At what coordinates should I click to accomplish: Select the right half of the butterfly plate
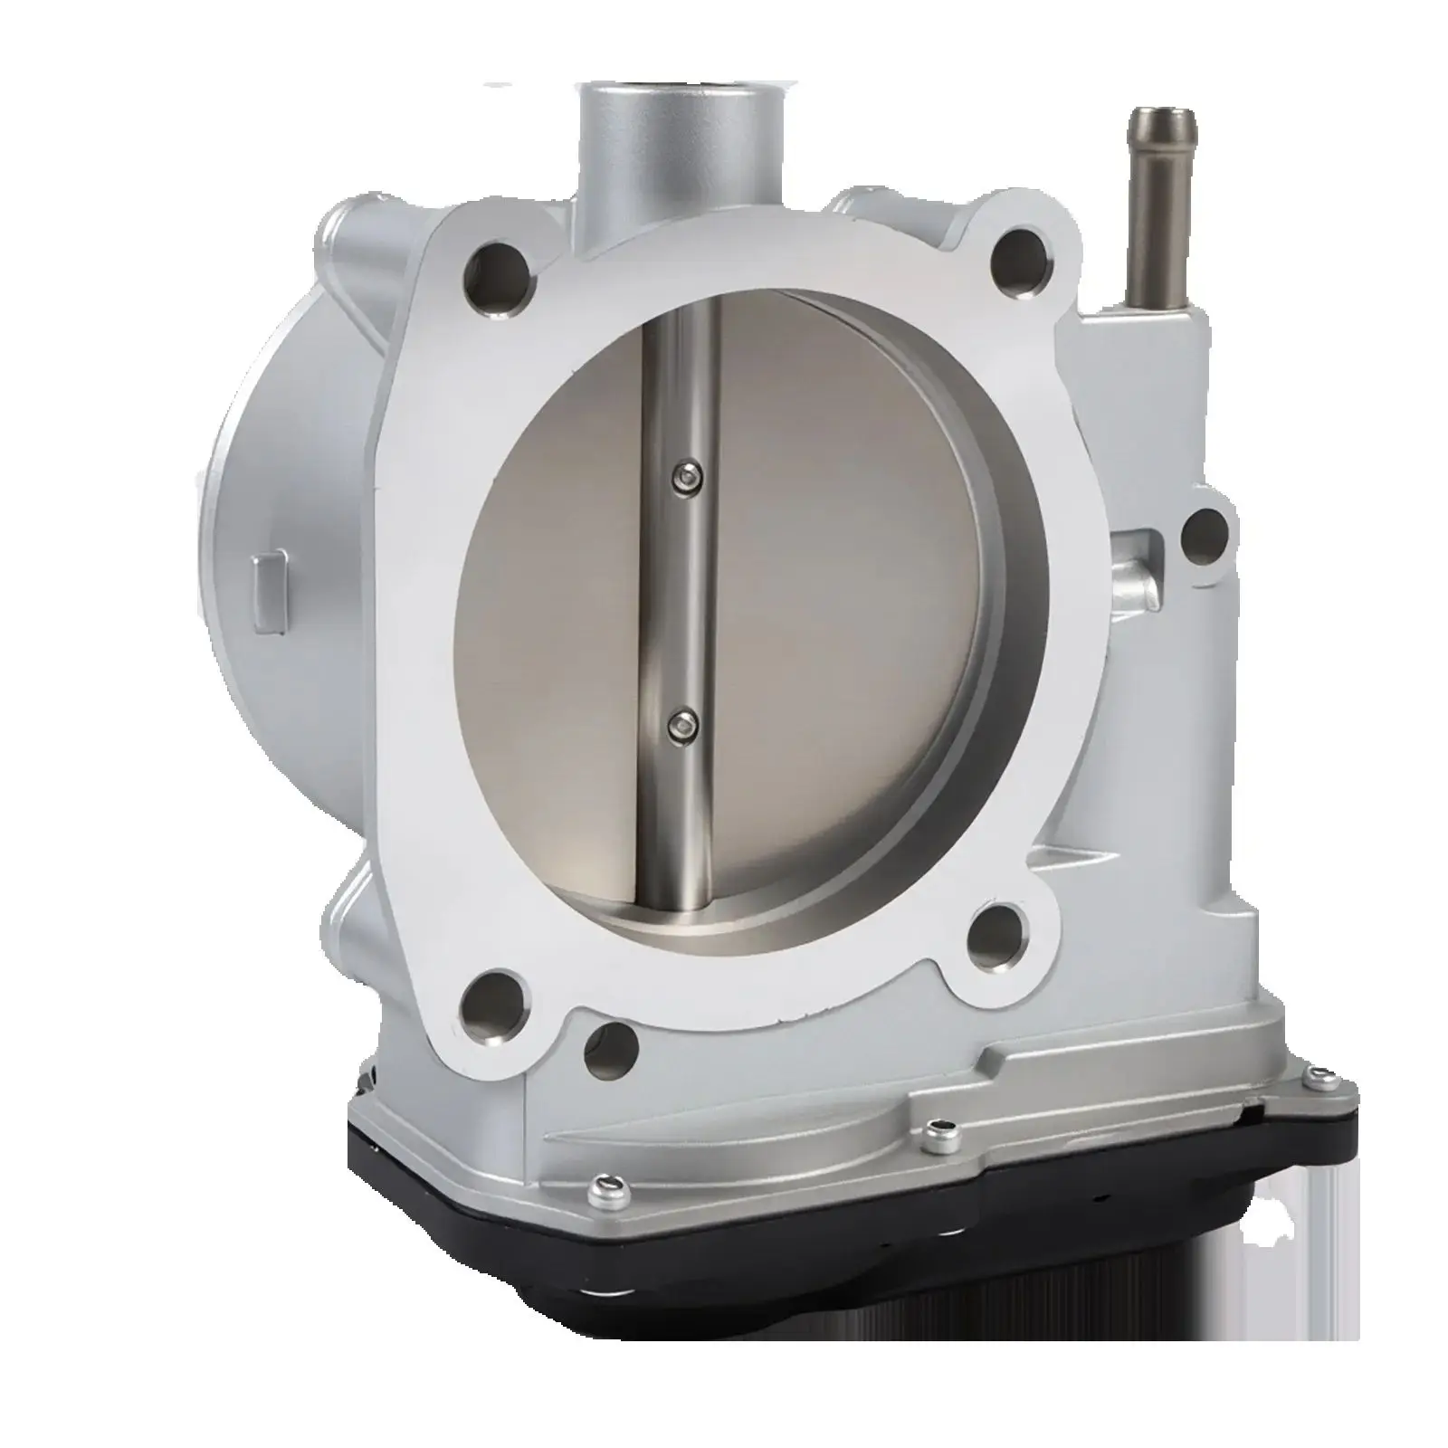pos(842,588)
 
